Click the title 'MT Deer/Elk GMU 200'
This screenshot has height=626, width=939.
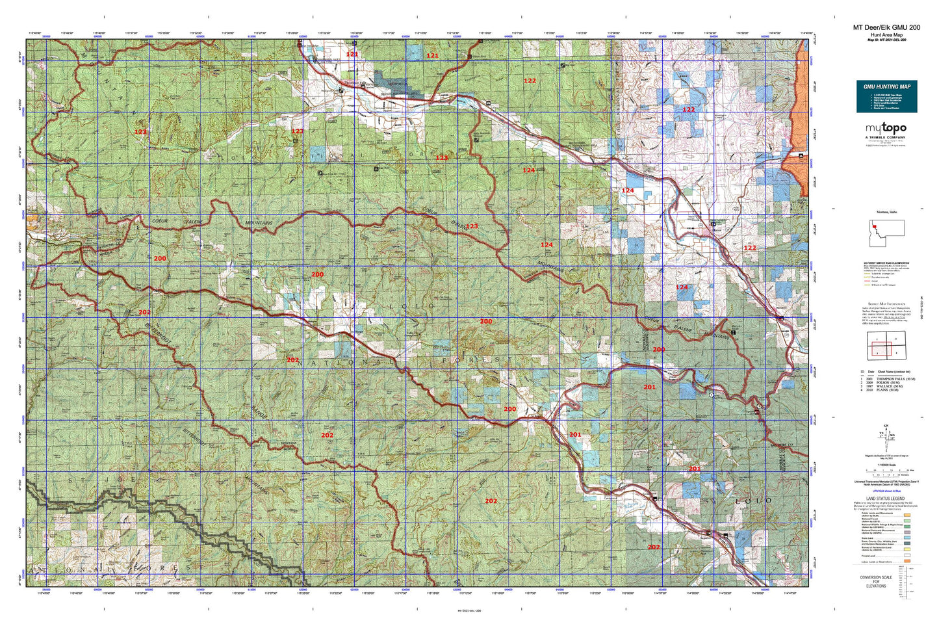coord(886,27)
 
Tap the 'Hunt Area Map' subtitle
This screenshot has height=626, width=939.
coord(886,34)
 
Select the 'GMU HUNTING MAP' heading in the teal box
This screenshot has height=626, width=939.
coord(886,86)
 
